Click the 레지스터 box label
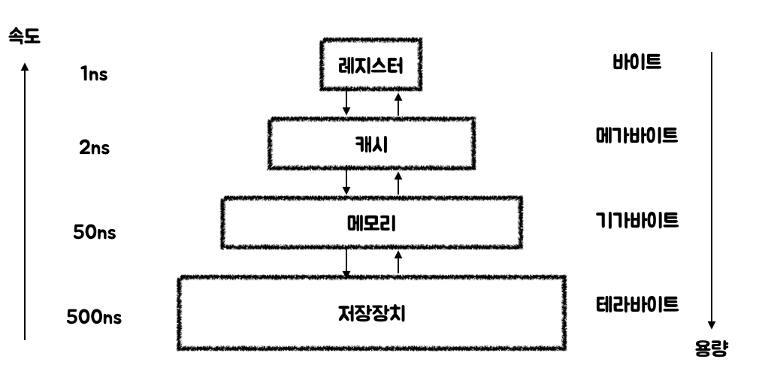coord(370,65)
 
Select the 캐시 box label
coord(371,144)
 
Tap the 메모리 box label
coord(371,224)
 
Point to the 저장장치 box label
coord(371,313)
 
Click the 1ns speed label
coord(94,74)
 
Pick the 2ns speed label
coord(95,147)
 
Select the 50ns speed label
coord(95,232)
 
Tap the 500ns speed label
coord(94,318)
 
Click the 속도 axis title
coord(24,36)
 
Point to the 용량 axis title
coord(711,348)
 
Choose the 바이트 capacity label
coord(637,62)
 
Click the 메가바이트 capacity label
coord(637,135)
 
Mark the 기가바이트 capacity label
coord(637,220)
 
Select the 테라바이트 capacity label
coord(637,305)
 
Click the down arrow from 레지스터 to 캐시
coord(346,103)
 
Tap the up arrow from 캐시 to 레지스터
coord(398,104)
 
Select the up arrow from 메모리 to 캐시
coord(398,183)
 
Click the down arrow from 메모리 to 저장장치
coord(346,263)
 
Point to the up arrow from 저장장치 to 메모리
coord(398,262)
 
